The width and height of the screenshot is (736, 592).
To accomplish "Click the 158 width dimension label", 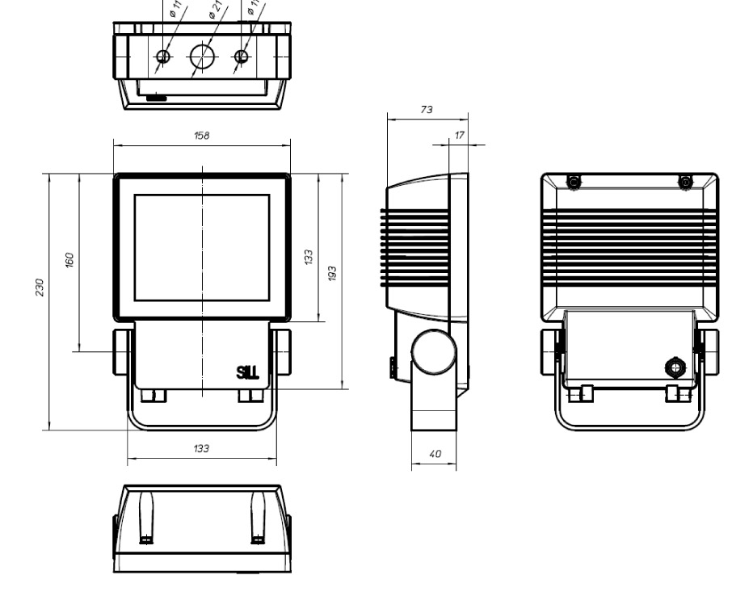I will pyautogui.click(x=201, y=136).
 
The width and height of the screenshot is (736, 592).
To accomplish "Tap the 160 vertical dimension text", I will pyautogui.click(x=69, y=259).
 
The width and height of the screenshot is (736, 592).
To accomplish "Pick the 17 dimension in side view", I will pyautogui.click(x=460, y=136).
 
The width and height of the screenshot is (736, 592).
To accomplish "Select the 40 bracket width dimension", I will pyautogui.click(x=435, y=455).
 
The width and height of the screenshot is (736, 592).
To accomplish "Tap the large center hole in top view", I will pyautogui.click(x=202, y=56).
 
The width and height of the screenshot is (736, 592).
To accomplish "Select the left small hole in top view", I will pyautogui.click(x=163, y=57).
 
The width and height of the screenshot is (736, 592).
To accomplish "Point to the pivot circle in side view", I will pyautogui.click(x=433, y=352).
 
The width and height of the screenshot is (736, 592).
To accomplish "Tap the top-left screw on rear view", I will pyautogui.click(x=574, y=183).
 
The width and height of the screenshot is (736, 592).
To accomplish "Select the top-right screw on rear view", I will pyautogui.click(x=685, y=183).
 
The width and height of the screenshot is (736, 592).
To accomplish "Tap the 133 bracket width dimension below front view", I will pyautogui.click(x=201, y=449).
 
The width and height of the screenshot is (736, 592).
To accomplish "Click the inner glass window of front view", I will pyautogui.click(x=201, y=247).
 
